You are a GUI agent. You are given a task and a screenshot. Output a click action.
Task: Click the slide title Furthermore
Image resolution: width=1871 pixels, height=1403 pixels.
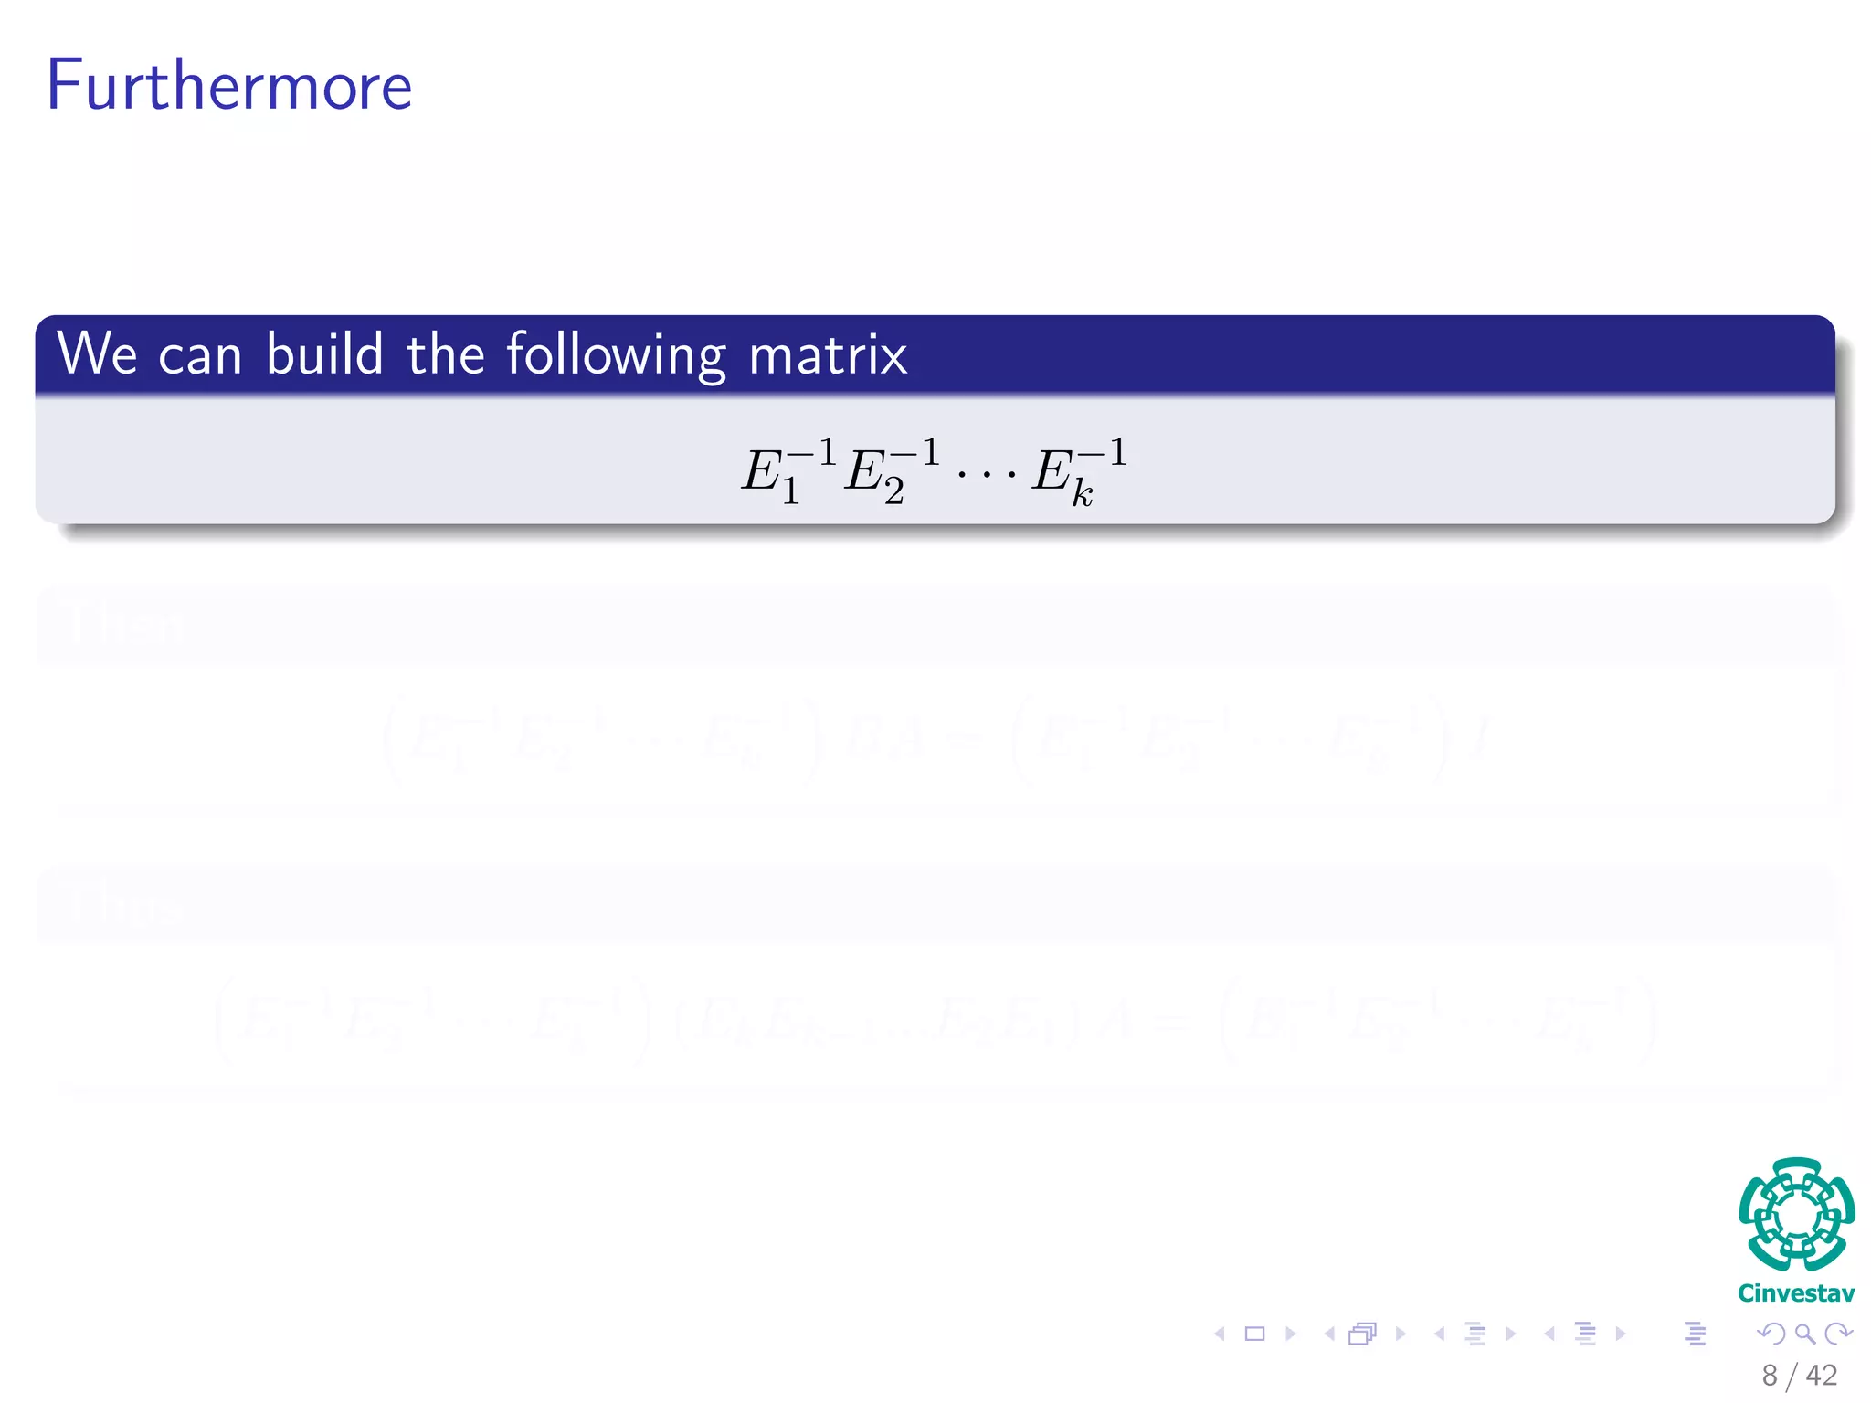pos(228,85)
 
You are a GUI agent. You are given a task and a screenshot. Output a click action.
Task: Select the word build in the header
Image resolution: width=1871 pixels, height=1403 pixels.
pos(324,354)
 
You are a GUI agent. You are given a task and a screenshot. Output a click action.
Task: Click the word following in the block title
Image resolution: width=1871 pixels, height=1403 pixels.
pos(617,354)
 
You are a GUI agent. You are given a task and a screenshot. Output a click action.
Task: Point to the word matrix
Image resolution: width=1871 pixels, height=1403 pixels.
pos(828,354)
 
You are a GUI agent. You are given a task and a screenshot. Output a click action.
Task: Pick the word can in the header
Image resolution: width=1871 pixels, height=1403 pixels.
pos(200,356)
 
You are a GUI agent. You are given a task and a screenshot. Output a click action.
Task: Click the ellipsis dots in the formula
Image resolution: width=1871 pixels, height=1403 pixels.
pos(986,476)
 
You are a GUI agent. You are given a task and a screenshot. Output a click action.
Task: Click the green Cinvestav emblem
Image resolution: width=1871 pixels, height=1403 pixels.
pos(1796,1214)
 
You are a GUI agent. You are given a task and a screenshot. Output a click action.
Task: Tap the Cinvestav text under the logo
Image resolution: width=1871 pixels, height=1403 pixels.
pos(1796,1293)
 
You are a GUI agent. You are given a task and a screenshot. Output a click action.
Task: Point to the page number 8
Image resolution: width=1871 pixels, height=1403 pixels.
pos(1770,1376)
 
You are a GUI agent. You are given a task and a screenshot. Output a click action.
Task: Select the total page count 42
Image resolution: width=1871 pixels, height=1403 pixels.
pos(1821,1376)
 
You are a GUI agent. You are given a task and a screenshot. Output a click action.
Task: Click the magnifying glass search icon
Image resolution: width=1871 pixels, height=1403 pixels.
pos(1804,1334)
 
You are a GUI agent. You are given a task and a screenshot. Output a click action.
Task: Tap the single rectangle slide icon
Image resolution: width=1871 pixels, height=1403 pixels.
pos(1255,1334)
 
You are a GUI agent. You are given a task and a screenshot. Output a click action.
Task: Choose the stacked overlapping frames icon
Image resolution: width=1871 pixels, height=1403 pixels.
pos(1362,1334)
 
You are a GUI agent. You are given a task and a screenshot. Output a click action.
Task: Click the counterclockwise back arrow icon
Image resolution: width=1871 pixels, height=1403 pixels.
pos(1771,1334)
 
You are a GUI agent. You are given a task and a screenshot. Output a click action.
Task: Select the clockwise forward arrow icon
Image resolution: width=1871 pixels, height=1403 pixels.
pos(1838,1334)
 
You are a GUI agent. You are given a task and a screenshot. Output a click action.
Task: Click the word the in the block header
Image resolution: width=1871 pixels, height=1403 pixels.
pos(445,354)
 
